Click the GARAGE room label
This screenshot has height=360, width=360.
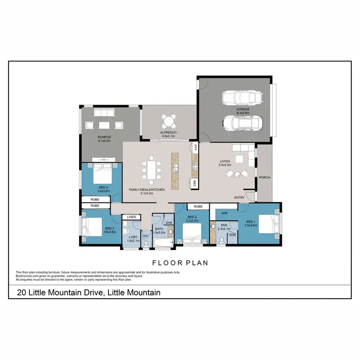click(242, 109)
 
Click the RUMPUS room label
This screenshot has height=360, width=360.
click(104, 138)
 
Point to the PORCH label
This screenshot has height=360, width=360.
click(264, 178)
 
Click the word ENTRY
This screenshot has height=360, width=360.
click(240, 198)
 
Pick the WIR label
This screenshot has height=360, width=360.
click(224, 213)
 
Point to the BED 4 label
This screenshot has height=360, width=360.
click(104, 187)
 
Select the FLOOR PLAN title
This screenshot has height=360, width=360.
click(180, 263)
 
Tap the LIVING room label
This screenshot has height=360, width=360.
click(226, 162)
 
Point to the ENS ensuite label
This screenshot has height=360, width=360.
click(224, 225)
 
